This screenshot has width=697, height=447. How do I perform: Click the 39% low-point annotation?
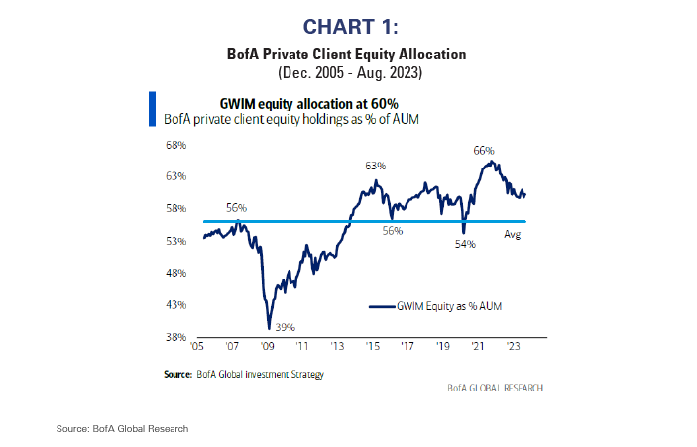(x=286, y=327)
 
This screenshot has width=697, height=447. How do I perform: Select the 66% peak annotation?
(x=483, y=151)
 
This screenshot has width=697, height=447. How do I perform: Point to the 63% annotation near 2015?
(x=374, y=166)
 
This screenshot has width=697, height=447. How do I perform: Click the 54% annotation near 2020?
(x=465, y=243)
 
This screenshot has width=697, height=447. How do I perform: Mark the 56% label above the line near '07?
(x=236, y=208)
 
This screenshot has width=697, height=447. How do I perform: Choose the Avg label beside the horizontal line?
(x=513, y=234)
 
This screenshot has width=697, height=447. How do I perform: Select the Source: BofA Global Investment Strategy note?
(x=244, y=374)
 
